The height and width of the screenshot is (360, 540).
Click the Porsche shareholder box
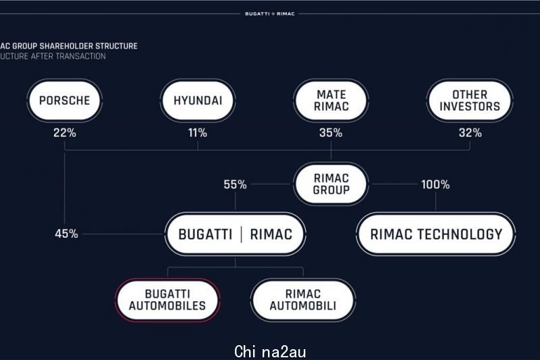pos(64,101)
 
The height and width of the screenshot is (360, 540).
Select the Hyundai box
pos(198,101)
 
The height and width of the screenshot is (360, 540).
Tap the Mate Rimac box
pos(331,101)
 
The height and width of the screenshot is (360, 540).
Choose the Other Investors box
pos(470,101)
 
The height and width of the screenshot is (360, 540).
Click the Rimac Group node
pos(331,184)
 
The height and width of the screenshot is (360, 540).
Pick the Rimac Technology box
pos(436,234)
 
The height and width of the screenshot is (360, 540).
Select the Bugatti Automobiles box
pos(167,300)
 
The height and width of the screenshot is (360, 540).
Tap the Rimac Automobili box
pos(303,300)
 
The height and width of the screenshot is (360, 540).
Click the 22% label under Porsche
pos(64,132)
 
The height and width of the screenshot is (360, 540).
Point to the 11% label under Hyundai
pos(198,132)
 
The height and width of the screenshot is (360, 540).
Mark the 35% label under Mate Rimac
pos(331,132)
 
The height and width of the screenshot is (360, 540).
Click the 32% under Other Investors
pos(470,132)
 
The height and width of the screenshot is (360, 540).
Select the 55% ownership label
pos(235,184)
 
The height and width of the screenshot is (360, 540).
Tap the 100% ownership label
pos(435,184)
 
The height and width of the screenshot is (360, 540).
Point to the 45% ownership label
pos(66,234)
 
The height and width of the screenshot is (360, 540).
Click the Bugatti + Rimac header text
pos(270,14)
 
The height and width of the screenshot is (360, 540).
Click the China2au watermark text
pos(270,352)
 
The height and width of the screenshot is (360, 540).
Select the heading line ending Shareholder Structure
pos(69,46)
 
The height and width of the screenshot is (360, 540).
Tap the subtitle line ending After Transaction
pos(53,57)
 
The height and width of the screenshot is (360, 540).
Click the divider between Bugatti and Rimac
pos(241,234)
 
